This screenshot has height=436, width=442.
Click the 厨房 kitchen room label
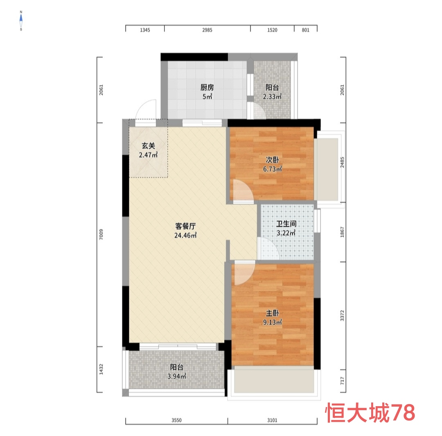pos(207,87)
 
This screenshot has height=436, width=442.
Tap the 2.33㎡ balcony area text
pos(272,97)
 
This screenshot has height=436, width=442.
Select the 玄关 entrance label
pos(148,145)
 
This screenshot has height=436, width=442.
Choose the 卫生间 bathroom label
pos(286,224)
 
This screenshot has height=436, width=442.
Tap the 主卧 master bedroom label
pos(273,313)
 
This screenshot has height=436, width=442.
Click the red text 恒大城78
pos(370,413)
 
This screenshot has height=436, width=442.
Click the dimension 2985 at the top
pos(207,30)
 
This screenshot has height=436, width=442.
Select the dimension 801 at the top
pos(305,30)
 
